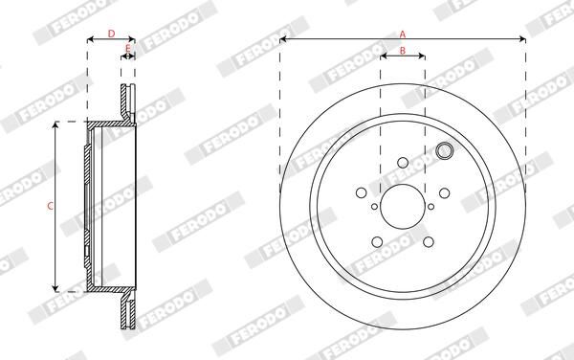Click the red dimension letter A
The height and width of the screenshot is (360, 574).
403,33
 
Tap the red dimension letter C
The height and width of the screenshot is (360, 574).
49,205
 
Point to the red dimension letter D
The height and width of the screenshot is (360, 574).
110,33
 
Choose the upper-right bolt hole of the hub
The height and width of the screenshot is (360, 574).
442,191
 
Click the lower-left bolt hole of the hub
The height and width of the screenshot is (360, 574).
378,240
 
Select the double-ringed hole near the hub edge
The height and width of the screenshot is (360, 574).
443,150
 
